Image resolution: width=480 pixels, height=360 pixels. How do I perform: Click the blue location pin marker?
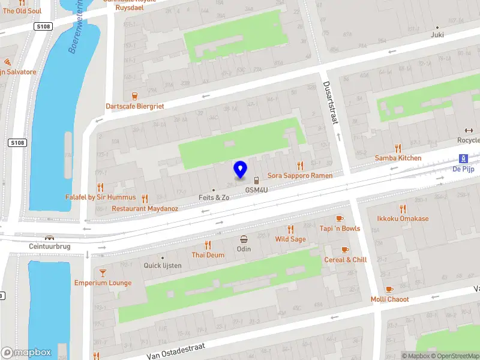[x=240, y=170]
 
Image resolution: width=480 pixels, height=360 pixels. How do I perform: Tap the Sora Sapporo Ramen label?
[x=300, y=175]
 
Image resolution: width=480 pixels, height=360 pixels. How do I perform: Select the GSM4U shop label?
[x=256, y=190]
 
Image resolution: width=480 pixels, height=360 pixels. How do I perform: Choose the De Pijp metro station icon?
[x=463, y=158]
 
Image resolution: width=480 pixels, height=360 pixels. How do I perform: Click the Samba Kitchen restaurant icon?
[x=398, y=148]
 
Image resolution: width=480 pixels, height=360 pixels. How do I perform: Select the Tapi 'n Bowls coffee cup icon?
[x=340, y=218]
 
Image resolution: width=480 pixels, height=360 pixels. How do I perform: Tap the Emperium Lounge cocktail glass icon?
[x=103, y=272]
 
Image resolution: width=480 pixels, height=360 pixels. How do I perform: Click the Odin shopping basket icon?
[x=244, y=239]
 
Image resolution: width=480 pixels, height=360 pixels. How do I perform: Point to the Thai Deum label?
[x=208, y=255]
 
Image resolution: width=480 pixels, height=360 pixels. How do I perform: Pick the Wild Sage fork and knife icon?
[x=290, y=229]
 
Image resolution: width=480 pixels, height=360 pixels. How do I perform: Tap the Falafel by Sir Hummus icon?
[x=100, y=187]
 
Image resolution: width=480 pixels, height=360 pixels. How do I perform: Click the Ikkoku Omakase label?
[x=403, y=219]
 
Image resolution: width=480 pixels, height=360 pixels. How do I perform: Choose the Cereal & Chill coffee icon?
[x=345, y=250]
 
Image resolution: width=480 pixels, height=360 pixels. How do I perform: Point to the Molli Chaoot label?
[x=389, y=299]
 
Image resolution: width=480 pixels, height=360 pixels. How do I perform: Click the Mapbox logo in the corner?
[x=26, y=353]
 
